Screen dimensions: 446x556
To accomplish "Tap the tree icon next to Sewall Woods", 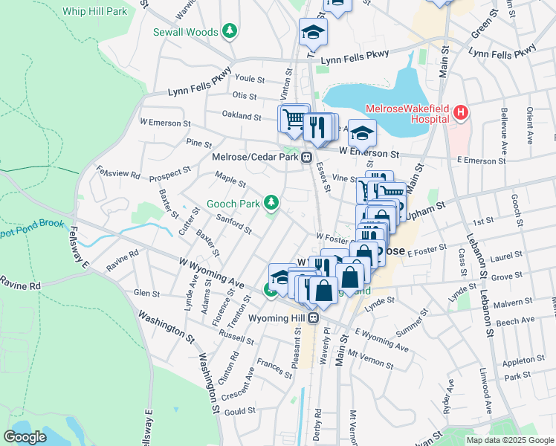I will pos(231,32).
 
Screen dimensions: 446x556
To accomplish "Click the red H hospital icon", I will pos(461,113).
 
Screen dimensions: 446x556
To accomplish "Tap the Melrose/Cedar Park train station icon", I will pos(306,157).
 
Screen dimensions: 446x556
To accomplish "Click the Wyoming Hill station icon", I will pos(314,318).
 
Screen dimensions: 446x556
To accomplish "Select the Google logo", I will pos(25,437).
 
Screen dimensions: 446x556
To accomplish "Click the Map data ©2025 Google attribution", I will pos(509,440).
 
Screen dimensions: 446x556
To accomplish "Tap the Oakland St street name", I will pos(242,117).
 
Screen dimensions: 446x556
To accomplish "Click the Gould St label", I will pos(239,411).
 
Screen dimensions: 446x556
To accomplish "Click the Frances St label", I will pos(274,367).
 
